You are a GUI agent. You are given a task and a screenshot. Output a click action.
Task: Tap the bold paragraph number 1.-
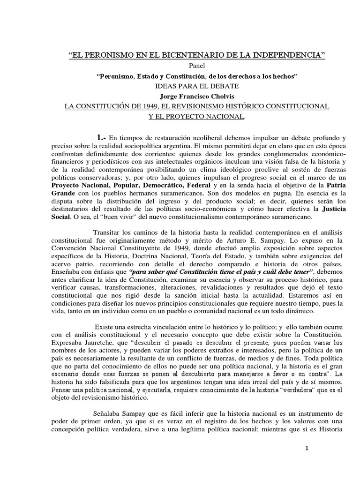point(102,137)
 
